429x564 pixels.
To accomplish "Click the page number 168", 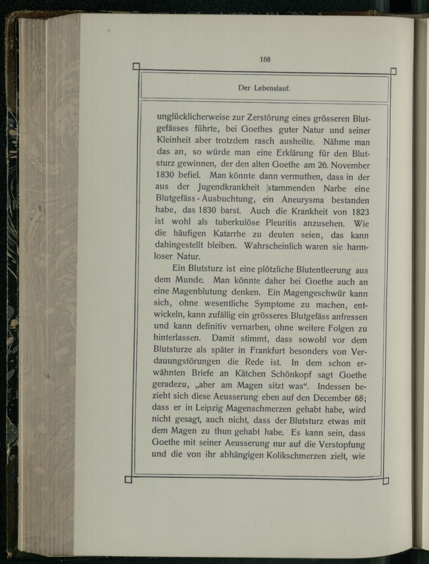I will (265, 60).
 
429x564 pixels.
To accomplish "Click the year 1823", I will (360, 212).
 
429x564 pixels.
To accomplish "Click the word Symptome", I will (274, 305).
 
